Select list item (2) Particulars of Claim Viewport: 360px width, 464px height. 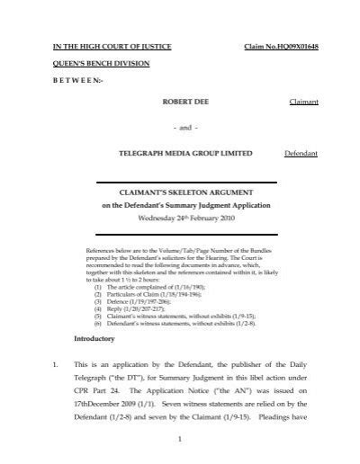pos(144,293)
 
